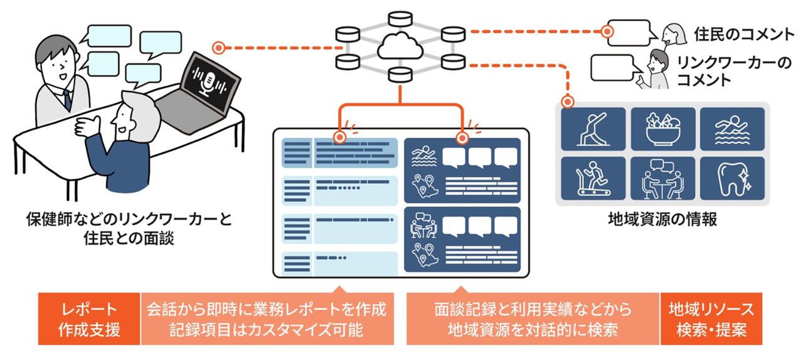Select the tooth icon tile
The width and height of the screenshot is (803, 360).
coord(732,177)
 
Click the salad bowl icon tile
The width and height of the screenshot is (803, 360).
coord(663,129)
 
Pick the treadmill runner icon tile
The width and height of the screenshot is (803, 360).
coord(593,177)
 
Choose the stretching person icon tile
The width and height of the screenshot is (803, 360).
coord(593,129)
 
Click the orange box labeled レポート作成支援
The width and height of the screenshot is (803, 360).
coord(89,319)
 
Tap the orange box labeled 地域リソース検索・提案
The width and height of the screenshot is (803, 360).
coord(711,319)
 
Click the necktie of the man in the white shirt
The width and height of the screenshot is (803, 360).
coord(66,98)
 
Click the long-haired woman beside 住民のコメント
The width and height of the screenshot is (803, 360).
coord(673,33)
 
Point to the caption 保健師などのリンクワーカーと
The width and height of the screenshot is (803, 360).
coord(129,220)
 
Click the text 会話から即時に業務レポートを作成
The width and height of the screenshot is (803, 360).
coord(267,310)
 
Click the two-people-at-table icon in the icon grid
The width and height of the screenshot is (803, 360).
coord(663,177)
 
